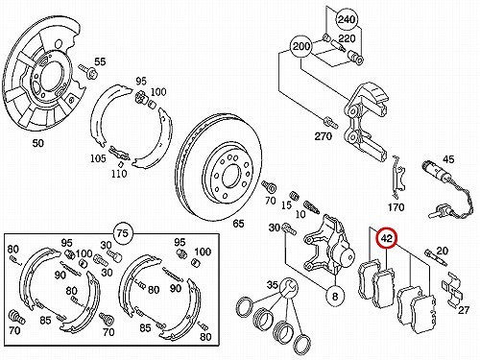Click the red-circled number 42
(x=387, y=239)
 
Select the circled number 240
(x=347, y=19)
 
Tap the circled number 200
(x=301, y=47)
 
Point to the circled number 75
(x=123, y=233)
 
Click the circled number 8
(x=335, y=296)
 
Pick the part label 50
(x=38, y=143)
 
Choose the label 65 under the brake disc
(x=238, y=224)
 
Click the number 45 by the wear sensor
(x=448, y=159)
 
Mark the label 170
(x=396, y=207)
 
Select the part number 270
(x=324, y=136)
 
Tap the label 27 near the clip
(x=464, y=310)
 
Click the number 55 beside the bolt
(x=100, y=61)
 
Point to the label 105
(x=98, y=158)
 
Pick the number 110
(x=119, y=174)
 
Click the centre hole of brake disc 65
(x=230, y=177)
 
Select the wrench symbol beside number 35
(x=288, y=287)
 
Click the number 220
(x=347, y=38)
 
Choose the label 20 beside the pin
(x=442, y=251)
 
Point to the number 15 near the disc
(x=286, y=204)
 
